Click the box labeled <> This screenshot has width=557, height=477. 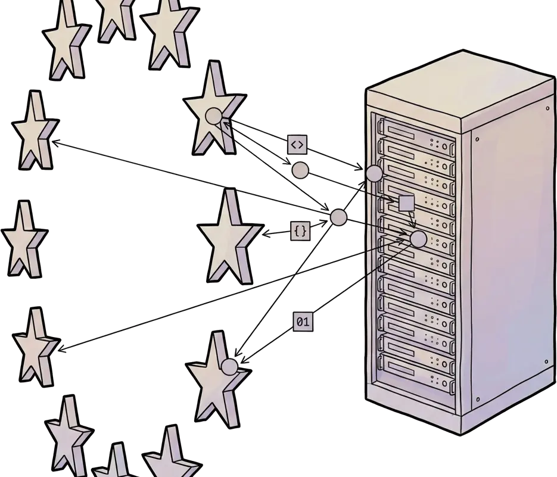coord(297,144)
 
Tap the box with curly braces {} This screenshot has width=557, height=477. coord(301,230)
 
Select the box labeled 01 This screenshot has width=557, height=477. coord(303,322)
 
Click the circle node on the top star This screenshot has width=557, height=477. coord(213,116)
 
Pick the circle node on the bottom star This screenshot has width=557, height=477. coord(229,366)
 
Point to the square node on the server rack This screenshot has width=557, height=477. coord(406,203)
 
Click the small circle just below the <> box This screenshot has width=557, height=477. coord(300,170)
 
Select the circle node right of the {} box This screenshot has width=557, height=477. coord(338,217)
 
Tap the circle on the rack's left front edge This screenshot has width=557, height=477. coord(374,173)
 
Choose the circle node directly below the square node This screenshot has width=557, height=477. coord(419,239)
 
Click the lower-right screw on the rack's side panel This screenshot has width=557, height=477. coord(546,362)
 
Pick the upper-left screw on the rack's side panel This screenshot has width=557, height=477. coord(477,139)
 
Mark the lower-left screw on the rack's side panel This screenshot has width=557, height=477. coord(477,399)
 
